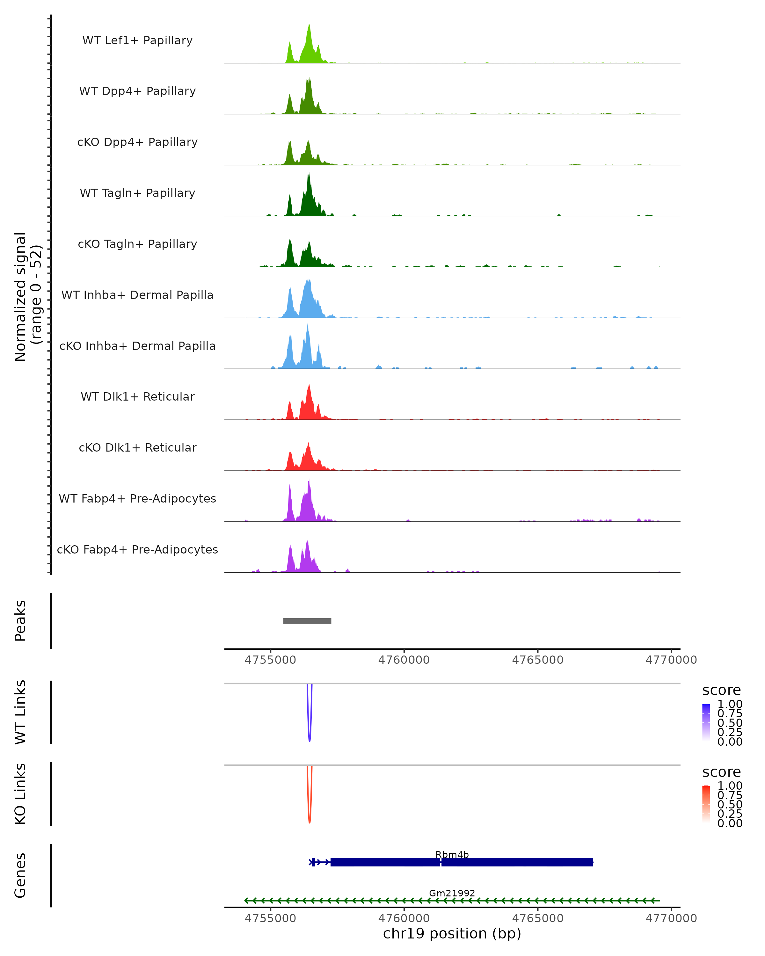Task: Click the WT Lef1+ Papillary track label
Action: [x=137, y=40]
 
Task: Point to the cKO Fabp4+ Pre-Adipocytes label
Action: [x=137, y=549]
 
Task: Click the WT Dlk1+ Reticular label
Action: [x=137, y=396]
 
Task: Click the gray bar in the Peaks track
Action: [x=307, y=621]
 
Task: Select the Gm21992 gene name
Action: [x=452, y=893]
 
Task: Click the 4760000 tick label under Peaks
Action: [x=404, y=660]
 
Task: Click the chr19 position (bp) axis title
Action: [x=452, y=933]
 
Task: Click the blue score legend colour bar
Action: [x=706, y=722]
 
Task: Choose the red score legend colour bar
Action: [x=706, y=803]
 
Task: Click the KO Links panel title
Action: [x=20, y=794]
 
